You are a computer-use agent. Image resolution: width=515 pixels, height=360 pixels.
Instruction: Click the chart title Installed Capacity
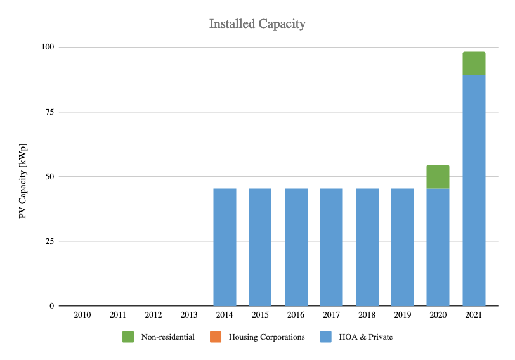click(257, 24)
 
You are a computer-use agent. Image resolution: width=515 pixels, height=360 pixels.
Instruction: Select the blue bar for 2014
click(225, 247)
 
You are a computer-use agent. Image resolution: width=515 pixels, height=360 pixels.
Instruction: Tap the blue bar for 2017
click(332, 247)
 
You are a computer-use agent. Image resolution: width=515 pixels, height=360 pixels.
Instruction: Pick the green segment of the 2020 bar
click(438, 177)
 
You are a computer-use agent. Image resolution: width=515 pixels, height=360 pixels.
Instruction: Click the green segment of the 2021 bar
click(474, 63)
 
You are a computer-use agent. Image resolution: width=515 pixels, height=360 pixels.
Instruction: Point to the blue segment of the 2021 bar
click(474, 191)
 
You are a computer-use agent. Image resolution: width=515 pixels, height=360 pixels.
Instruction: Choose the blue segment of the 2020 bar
click(438, 247)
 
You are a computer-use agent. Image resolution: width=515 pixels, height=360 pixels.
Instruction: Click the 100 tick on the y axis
click(48, 47)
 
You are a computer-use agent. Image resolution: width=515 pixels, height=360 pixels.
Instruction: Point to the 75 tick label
click(49, 112)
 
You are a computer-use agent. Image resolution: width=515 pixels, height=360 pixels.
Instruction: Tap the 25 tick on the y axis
click(49, 241)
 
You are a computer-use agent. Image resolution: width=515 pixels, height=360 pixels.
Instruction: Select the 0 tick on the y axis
click(52, 306)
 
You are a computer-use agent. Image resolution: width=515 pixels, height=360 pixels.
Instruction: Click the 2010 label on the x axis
click(82, 315)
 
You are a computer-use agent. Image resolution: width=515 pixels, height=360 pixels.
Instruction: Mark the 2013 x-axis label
click(189, 315)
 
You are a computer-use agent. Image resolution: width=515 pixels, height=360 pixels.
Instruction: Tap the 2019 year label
click(402, 315)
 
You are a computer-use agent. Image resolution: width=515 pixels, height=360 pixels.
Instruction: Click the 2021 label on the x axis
click(474, 315)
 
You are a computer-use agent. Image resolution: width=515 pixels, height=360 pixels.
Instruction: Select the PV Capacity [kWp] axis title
click(23, 181)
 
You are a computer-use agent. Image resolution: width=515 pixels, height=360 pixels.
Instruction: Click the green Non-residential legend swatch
click(128, 337)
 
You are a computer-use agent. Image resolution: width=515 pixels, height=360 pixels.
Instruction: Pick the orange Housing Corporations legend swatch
click(216, 337)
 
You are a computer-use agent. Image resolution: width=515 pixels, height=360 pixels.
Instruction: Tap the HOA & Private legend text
click(366, 337)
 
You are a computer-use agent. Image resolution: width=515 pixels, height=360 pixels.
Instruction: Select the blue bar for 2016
click(296, 247)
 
